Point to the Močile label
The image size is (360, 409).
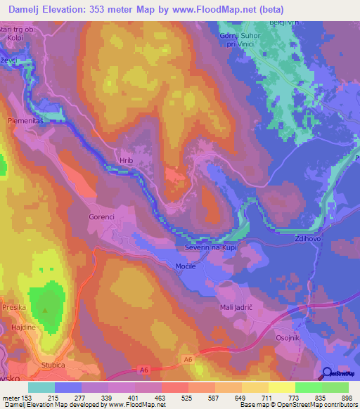186,266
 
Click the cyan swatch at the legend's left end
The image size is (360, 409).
41,387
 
